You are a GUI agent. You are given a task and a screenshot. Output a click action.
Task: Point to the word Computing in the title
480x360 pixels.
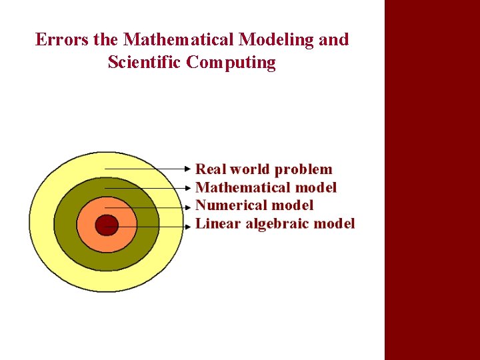231,63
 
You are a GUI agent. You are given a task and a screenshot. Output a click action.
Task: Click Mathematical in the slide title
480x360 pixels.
179,40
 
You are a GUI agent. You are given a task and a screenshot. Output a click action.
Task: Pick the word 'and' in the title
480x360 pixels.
333,40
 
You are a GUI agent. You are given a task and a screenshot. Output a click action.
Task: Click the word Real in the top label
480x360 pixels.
210,169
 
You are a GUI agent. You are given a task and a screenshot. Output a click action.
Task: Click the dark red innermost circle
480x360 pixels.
106,225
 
